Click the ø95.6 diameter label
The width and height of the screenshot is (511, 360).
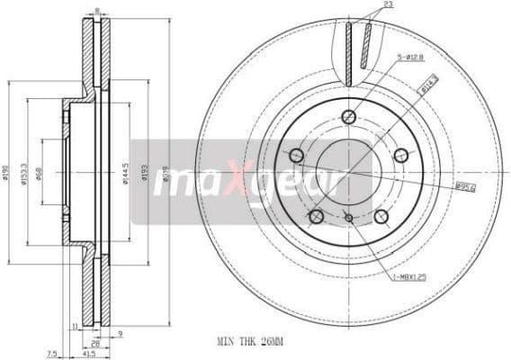click(465, 186)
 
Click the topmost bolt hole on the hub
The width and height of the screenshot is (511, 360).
click(349, 116)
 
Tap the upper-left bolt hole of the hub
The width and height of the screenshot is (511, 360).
click(296, 156)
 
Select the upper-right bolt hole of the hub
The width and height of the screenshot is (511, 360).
click(401, 155)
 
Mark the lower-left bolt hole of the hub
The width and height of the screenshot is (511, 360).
click(316, 216)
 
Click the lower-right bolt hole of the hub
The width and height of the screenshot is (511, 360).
click(381, 216)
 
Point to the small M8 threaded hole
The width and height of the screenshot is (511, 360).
click(349, 217)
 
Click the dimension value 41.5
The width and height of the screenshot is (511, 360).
click(91, 355)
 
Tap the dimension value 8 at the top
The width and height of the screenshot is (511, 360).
click(97, 10)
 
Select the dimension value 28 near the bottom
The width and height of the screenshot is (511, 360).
click(95, 344)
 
